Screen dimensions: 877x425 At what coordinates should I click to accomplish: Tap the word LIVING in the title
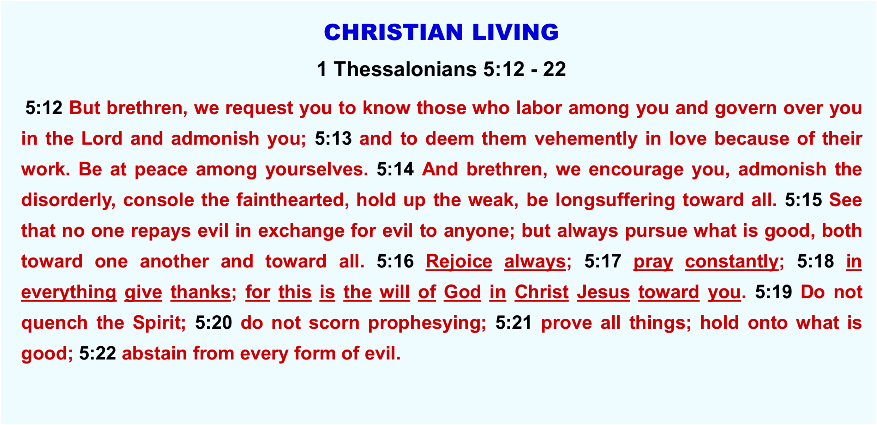click(x=516, y=32)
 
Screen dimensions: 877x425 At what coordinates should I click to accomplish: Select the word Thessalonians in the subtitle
click(x=405, y=69)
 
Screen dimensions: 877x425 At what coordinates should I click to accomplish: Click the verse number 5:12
click(x=44, y=108)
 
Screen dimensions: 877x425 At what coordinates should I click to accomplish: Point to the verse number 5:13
click(x=333, y=139)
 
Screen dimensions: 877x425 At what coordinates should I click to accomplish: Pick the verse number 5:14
click(x=395, y=169)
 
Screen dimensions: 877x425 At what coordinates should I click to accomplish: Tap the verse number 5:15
click(x=803, y=200)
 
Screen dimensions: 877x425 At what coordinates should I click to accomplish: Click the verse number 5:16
click(x=395, y=261)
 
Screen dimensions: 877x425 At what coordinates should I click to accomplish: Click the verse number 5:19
click(x=774, y=292)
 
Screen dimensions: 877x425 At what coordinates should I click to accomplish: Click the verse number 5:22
click(x=97, y=353)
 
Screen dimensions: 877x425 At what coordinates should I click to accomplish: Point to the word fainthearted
click(x=290, y=200)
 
